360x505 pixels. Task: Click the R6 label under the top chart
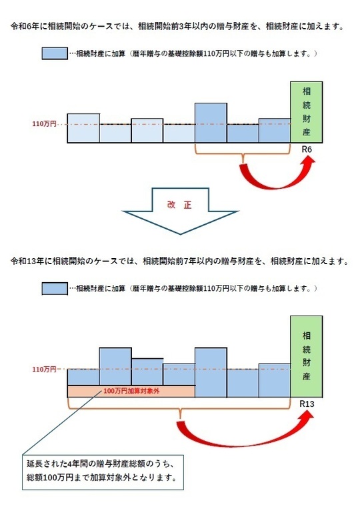307,149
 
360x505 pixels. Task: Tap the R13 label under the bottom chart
307,404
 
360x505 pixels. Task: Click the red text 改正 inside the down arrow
179,205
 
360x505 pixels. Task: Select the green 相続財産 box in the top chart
306,112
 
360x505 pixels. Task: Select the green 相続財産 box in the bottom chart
306,356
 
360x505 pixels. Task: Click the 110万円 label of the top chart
44,123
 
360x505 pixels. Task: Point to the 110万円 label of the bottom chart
44,369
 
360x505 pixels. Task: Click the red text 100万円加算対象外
131,391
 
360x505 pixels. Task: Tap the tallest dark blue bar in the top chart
211,123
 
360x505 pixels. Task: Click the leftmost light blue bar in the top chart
83,128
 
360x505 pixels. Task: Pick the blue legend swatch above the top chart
55,53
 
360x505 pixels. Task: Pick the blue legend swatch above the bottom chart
55,288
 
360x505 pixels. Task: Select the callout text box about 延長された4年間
103,472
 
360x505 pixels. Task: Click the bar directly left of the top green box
275,131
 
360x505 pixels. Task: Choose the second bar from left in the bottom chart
115,366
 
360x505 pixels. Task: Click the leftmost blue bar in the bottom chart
83,377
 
